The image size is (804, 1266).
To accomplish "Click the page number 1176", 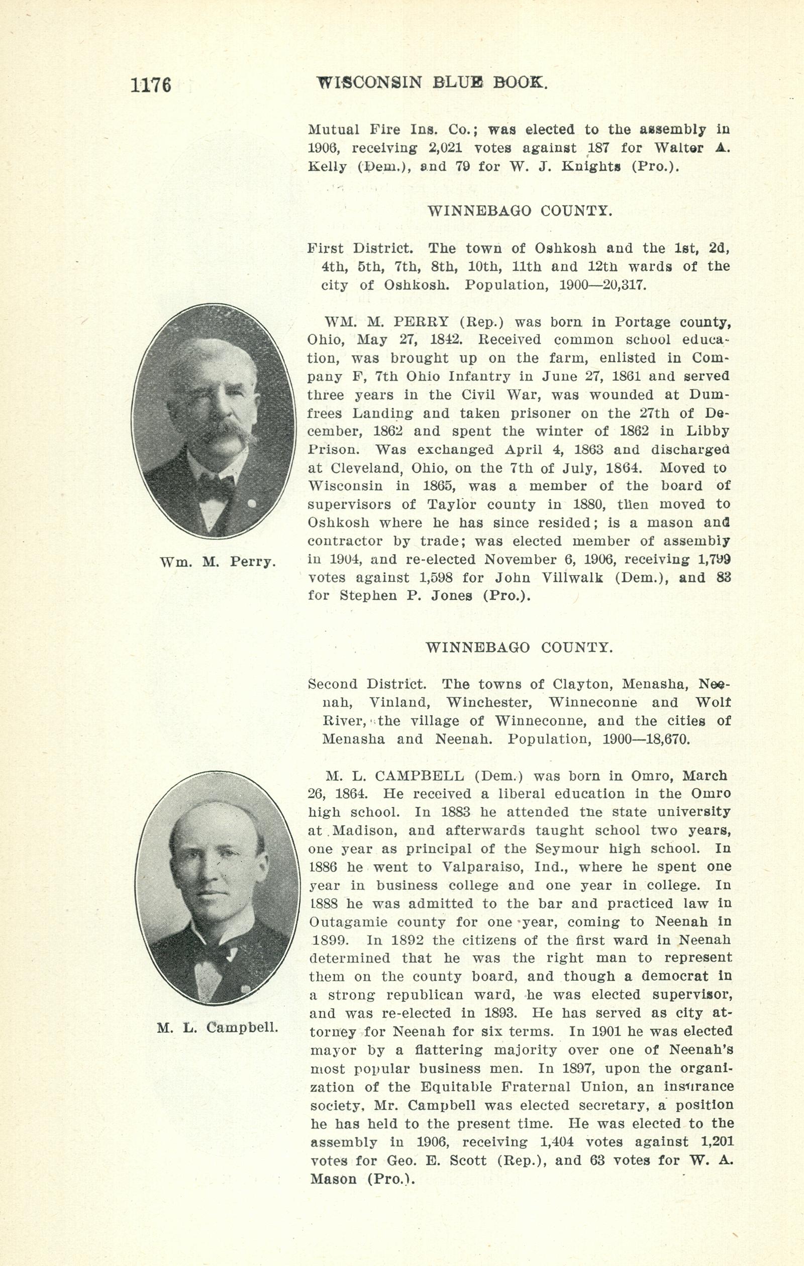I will click(x=151, y=84).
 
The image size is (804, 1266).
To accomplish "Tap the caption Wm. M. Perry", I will click(x=217, y=562).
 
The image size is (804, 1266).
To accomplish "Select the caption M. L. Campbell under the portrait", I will click(x=217, y=1027).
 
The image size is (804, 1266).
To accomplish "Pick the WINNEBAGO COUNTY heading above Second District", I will click(x=519, y=647).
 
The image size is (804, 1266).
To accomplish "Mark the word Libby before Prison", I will click(x=707, y=431).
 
